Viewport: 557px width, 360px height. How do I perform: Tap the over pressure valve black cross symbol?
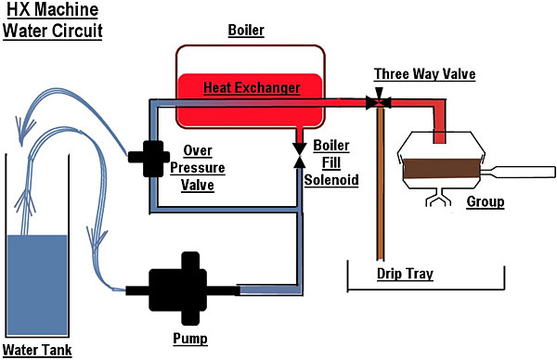click(x=149, y=158)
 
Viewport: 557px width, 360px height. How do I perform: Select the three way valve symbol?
click(x=379, y=100)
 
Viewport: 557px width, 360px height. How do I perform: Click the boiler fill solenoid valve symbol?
click(x=300, y=155)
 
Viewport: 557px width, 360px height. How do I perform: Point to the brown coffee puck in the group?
click(x=442, y=168)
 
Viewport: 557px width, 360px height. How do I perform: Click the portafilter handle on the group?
click(x=518, y=172)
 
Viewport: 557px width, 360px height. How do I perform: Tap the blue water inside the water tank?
click(x=37, y=285)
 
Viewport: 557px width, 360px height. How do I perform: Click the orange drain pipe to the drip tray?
click(x=380, y=184)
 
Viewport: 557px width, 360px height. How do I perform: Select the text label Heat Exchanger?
click(x=252, y=88)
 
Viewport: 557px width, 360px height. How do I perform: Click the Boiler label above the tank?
click(x=246, y=31)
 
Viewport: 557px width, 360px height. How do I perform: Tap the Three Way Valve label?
click(x=425, y=74)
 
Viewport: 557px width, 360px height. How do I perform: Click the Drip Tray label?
click(x=405, y=274)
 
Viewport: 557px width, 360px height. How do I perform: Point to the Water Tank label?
click(x=37, y=350)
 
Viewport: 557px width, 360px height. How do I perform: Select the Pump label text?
click(x=190, y=339)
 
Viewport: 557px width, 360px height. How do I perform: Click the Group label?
click(x=486, y=201)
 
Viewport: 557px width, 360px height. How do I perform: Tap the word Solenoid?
click(x=331, y=180)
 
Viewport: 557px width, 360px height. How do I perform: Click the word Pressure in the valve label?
click(x=198, y=168)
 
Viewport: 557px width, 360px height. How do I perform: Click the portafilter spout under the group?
click(x=438, y=198)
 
